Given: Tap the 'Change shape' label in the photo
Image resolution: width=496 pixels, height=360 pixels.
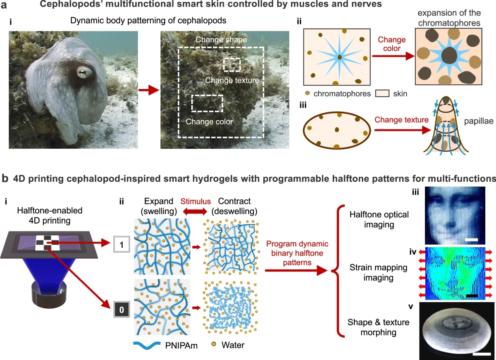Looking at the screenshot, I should [x=221, y=40].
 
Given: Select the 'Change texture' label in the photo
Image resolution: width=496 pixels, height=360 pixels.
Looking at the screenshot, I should [x=232, y=80].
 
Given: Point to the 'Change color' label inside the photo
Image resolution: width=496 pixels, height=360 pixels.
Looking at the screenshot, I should [x=209, y=122].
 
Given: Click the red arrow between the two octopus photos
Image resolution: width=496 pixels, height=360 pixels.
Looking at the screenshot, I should [x=148, y=90].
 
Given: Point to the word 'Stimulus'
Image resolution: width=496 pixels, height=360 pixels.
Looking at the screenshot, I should [x=195, y=201].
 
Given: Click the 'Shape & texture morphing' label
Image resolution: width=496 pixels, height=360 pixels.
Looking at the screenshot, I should [x=374, y=327].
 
